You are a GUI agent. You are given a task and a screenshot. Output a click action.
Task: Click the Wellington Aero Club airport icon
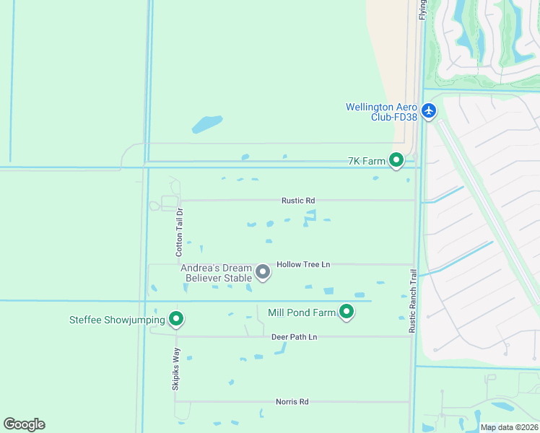pyautogui.click(x=430, y=110)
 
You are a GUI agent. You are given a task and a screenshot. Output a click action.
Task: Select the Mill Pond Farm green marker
pyautogui.click(x=347, y=312)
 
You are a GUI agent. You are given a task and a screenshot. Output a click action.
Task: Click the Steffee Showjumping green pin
pyautogui.click(x=175, y=318)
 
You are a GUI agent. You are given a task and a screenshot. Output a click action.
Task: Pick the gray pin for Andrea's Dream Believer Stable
pyautogui.click(x=263, y=272)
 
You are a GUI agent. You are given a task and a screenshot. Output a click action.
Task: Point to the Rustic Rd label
pyautogui.click(x=298, y=201)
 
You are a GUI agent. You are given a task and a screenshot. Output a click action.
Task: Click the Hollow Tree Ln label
pyautogui.click(x=303, y=264)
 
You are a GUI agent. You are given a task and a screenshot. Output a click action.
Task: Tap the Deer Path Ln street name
pyautogui.click(x=294, y=337)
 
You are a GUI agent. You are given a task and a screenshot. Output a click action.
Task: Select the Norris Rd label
pyautogui.click(x=292, y=402)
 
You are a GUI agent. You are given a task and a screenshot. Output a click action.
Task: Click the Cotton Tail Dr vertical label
pyautogui.click(x=180, y=232)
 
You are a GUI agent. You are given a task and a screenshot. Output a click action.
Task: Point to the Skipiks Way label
pyautogui.click(x=175, y=369)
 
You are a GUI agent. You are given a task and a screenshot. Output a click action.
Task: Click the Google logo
pyautogui.click(x=24, y=424)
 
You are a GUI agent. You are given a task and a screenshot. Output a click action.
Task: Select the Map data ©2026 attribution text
pyautogui.click(x=509, y=427)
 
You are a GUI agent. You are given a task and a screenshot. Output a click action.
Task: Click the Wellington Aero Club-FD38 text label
pyautogui.click(x=382, y=112)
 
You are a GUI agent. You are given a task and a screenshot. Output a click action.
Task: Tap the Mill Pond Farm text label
pyautogui.click(x=302, y=312)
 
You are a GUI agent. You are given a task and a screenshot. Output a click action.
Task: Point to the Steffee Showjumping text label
pyautogui.click(x=117, y=320)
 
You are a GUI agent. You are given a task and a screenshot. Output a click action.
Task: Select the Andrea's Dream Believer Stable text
pyautogui.click(x=217, y=272)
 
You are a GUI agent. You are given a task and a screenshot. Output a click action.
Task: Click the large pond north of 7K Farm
pyautogui.click(x=207, y=124)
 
